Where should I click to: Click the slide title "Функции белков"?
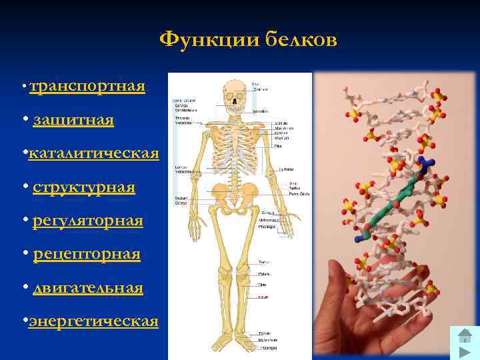coord(248,41)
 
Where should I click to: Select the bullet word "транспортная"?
coord(87,87)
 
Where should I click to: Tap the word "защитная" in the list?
coord(73,121)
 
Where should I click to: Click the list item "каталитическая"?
coord(93,154)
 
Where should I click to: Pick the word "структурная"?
coord(84,188)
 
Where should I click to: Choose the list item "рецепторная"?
coord(87,254)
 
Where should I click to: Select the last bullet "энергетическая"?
coord(93,321)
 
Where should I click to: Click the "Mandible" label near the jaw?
coord(261,111)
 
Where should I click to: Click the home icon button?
coord(465,337)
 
